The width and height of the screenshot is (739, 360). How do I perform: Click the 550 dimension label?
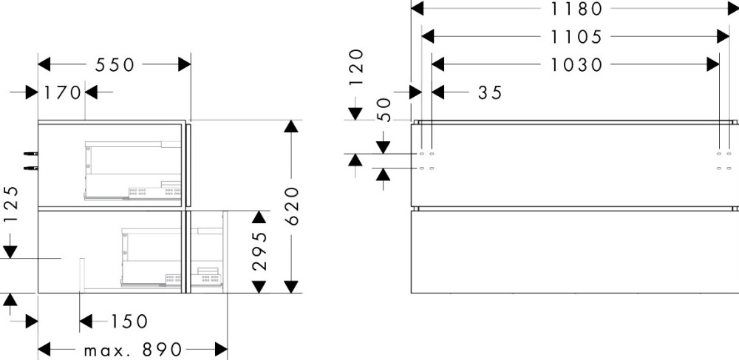(x=115, y=64)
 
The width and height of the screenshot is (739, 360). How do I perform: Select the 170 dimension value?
(x=63, y=92)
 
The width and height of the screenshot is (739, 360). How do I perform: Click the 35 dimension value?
(x=490, y=92)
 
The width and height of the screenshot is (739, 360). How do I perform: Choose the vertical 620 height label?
(x=292, y=206)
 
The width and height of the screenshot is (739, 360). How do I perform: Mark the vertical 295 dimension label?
(x=259, y=251)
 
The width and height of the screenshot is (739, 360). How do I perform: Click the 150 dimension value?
(x=129, y=322)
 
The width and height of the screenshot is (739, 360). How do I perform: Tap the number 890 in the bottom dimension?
(x=162, y=350)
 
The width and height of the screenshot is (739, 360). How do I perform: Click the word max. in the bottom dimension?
(x=106, y=350)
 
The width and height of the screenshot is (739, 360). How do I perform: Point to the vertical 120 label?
(x=357, y=67)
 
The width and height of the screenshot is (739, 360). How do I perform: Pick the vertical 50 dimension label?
(x=385, y=110)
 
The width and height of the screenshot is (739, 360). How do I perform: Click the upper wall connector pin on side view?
(x=30, y=154)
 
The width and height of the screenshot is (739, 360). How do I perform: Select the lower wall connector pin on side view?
(x=30, y=168)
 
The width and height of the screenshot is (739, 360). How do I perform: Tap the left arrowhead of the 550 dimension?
(x=44, y=64)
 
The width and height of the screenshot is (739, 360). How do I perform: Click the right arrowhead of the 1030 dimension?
(x=713, y=64)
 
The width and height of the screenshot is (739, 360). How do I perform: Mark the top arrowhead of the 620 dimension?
(x=291, y=126)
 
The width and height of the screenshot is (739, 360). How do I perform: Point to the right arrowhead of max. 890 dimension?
(x=221, y=350)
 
